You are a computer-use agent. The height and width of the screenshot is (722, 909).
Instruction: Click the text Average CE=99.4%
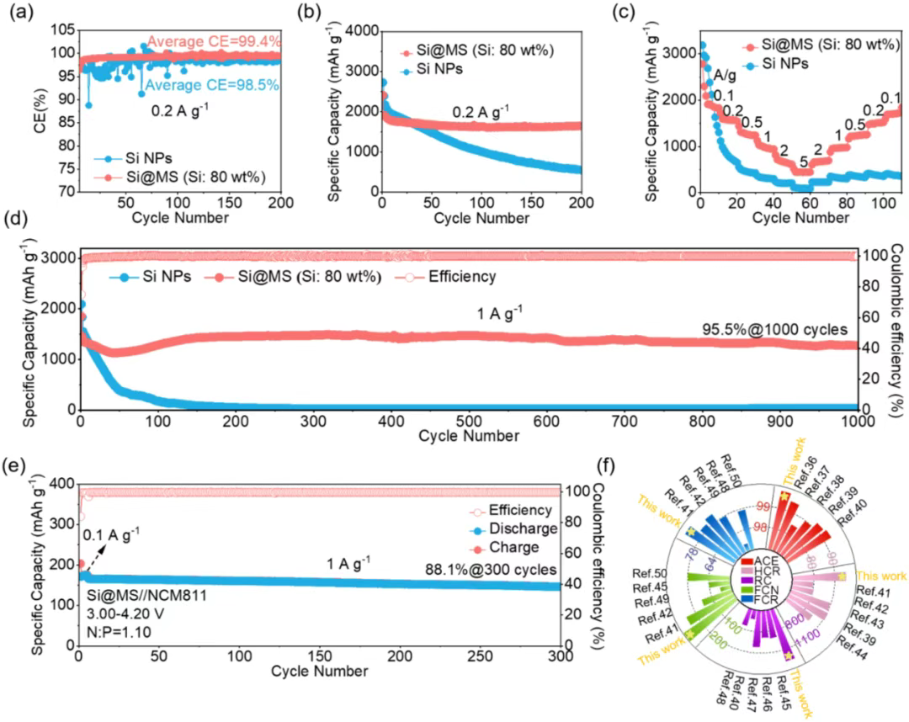(x=214, y=42)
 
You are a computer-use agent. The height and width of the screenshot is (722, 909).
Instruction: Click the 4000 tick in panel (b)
(x=359, y=31)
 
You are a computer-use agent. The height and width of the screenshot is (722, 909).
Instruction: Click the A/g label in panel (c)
(x=725, y=74)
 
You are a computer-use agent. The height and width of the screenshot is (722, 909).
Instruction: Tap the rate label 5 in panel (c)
(x=805, y=160)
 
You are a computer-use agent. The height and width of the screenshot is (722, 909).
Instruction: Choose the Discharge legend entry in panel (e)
(x=513, y=528)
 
